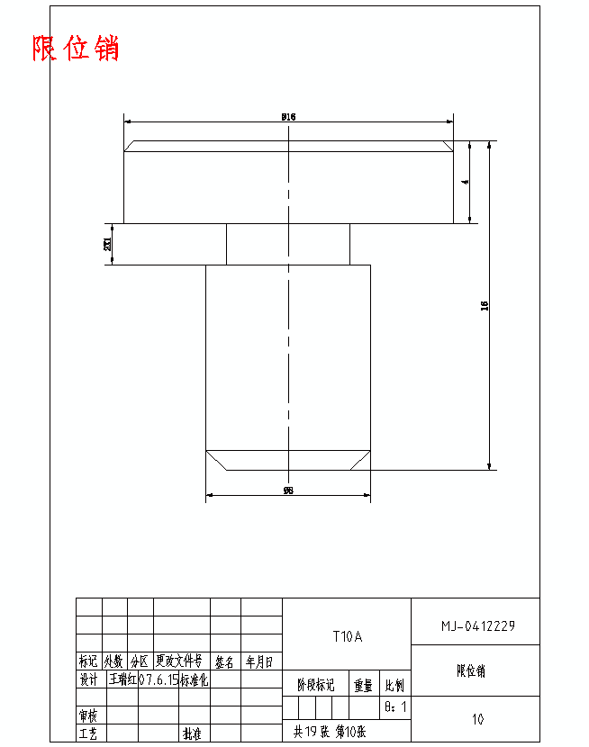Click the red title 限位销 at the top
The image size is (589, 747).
click(76, 48)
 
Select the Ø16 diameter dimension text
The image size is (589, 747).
click(288, 116)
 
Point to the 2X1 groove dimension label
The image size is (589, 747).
click(108, 244)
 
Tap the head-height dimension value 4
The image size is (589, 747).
click(465, 182)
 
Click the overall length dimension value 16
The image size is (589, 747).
click(485, 306)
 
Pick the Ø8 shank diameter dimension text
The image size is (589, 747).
click(288, 490)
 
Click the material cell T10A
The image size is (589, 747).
click(347, 637)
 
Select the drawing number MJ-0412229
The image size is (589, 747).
click(477, 625)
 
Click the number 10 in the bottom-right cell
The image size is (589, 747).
click(477, 719)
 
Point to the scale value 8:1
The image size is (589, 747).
click(395, 707)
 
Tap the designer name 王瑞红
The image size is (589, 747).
click(122, 680)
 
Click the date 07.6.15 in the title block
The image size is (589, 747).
click(159, 680)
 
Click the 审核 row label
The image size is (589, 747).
click(88, 716)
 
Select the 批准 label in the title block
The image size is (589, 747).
click(192, 734)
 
